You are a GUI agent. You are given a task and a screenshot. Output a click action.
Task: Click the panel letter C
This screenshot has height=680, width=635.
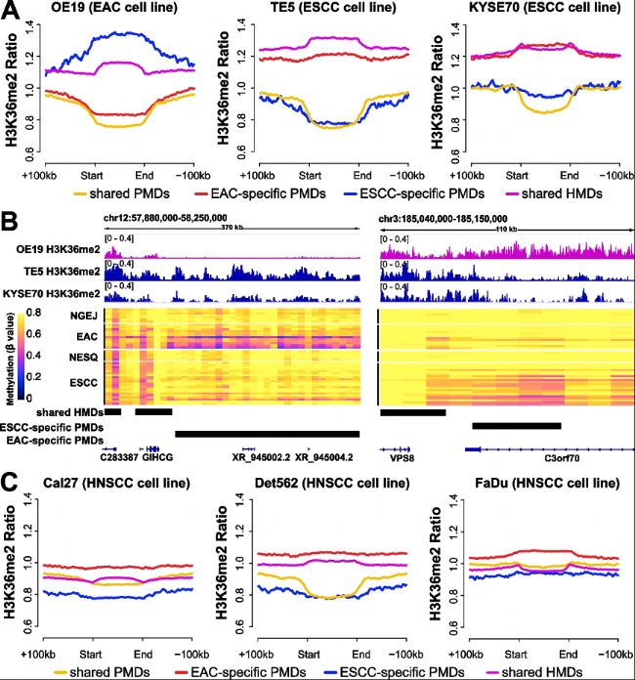[x=11, y=480]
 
